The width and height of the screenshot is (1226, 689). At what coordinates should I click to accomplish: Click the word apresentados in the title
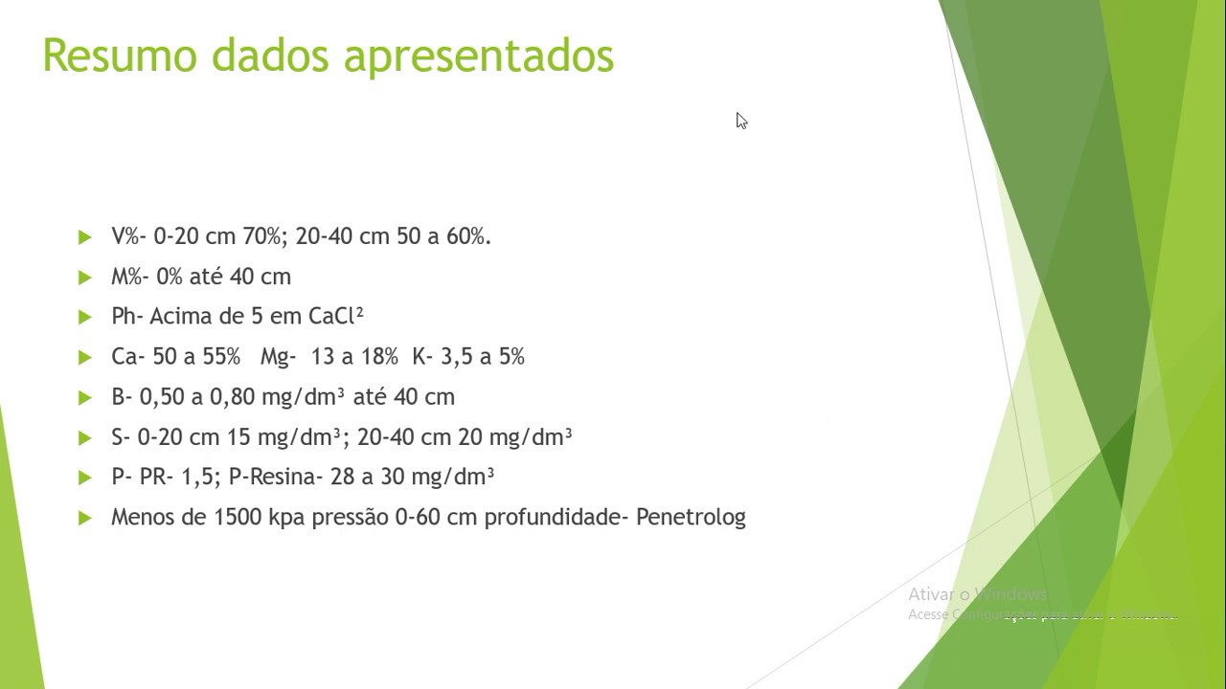click(478, 57)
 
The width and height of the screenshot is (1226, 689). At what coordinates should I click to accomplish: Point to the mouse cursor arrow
click(741, 121)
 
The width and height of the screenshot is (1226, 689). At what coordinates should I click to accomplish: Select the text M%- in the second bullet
click(128, 277)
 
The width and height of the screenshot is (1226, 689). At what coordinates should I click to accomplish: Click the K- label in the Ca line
click(422, 357)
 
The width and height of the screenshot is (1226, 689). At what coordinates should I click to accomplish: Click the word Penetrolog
click(691, 518)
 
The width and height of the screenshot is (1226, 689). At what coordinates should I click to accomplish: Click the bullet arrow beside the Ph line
click(85, 317)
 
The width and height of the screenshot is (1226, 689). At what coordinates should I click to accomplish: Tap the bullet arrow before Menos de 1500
click(85, 518)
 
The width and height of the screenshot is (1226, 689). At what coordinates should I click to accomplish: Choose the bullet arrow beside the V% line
click(85, 236)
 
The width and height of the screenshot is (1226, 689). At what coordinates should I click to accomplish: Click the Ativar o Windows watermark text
click(977, 594)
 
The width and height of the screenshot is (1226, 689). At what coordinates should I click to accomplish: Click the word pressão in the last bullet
click(351, 518)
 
